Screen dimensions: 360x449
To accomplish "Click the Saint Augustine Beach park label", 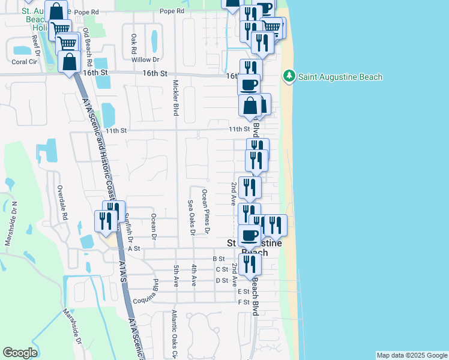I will pyautogui.click(x=340, y=77).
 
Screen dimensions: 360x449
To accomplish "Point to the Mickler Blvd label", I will pyautogui.click(x=176, y=98).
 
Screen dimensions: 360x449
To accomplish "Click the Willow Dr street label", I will pyautogui.click(x=145, y=59).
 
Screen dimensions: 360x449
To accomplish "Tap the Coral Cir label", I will pyautogui.click(x=24, y=61).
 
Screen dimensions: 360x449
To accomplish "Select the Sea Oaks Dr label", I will pyautogui.click(x=191, y=217).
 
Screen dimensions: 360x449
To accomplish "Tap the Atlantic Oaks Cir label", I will pyautogui.click(x=175, y=334).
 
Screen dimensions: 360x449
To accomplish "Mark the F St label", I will pyautogui.click(x=243, y=302).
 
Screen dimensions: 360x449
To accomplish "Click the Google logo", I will pyautogui.click(x=20, y=353).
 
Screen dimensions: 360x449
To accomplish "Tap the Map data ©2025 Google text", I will pyautogui.click(x=411, y=355).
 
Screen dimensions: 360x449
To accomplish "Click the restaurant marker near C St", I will pyautogui.click(x=250, y=264).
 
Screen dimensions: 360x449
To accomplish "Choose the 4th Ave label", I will pyautogui.click(x=194, y=275).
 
